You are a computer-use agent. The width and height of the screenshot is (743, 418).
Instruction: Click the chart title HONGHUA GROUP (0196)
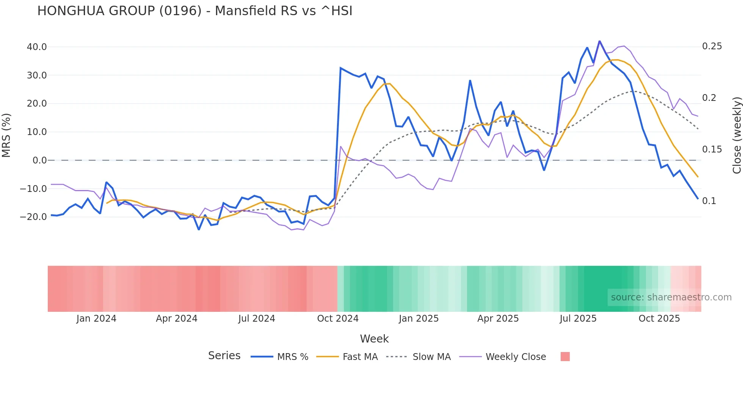click(x=194, y=11)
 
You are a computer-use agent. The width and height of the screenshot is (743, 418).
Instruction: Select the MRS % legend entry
click(x=292, y=357)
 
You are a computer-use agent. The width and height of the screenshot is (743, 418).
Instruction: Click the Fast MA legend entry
click(x=360, y=357)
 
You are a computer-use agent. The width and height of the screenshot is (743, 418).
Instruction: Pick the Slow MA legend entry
click(x=431, y=357)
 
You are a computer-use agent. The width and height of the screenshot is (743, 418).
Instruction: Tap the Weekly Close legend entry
click(x=516, y=357)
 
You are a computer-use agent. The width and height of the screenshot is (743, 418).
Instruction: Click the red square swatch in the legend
click(x=565, y=357)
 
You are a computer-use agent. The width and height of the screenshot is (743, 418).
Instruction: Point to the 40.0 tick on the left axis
click(x=37, y=47)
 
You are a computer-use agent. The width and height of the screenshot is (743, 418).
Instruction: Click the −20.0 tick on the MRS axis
click(x=33, y=217)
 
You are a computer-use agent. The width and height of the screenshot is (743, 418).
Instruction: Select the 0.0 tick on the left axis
click(x=39, y=160)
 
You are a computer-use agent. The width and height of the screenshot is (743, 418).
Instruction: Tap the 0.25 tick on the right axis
click(x=712, y=46)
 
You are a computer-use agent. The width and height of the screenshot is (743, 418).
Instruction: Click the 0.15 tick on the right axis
click(x=712, y=149)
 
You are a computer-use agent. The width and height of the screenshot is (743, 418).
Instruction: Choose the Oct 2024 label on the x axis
click(x=338, y=319)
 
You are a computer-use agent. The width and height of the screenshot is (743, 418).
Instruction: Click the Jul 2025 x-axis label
click(x=578, y=319)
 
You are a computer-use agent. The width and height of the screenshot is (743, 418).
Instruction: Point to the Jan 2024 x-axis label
click(x=96, y=319)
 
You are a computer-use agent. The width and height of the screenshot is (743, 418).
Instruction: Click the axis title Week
click(x=374, y=339)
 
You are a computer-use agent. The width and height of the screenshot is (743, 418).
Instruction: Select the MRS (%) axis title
click(x=6, y=135)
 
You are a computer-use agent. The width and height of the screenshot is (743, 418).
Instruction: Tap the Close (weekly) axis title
click(x=737, y=135)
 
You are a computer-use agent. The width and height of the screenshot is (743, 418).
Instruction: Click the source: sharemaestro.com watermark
click(x=671, y=297)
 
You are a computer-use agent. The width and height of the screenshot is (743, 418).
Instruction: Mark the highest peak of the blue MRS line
click(x=599, y=41)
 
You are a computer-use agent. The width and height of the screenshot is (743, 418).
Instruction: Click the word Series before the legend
click(x=224, y=356)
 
